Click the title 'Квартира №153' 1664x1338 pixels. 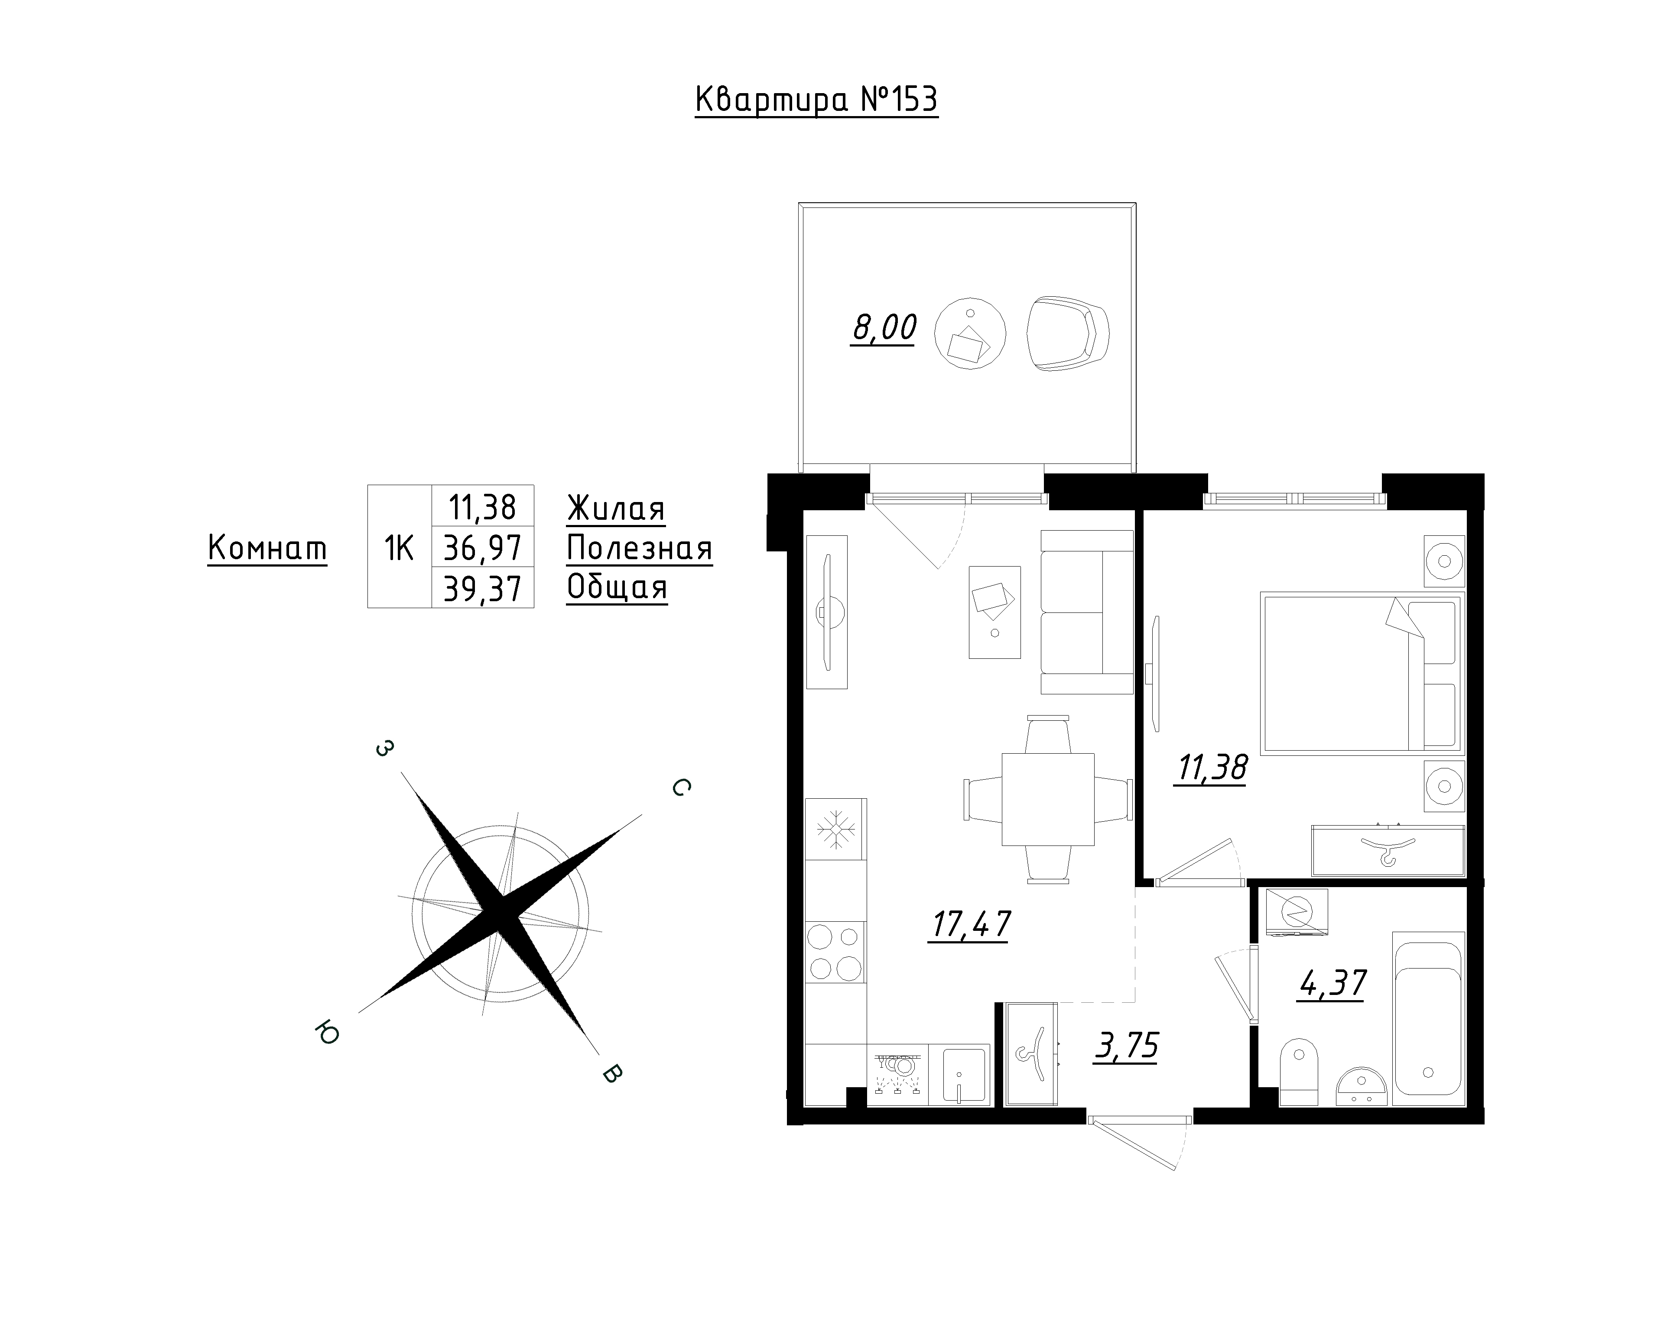[x=816, y=100]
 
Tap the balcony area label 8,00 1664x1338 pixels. [x=884, y=328]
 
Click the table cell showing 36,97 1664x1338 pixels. [x=482, y=548]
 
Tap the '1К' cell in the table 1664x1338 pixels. [x=399, y=548]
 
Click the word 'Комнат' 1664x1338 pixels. [x=267, y=549]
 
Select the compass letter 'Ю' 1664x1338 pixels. [x=328, y=1033]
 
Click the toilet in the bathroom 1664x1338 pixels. [x=1298, y=1072]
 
